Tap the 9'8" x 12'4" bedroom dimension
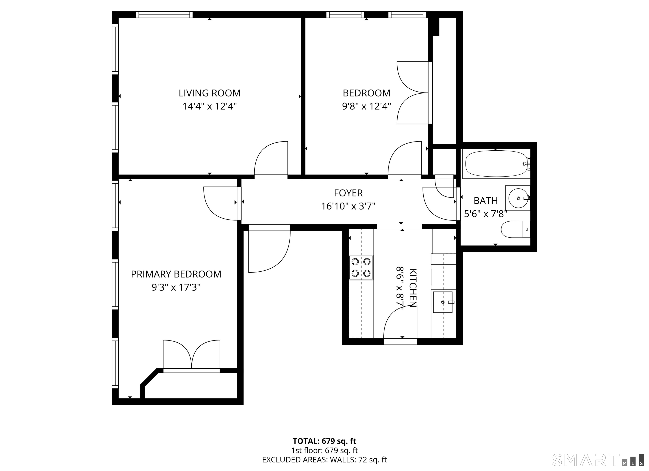pyautogui.click(x=367, y=106)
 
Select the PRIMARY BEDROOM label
pyautogui.click(x=176, y=274)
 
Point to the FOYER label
pyautogui.click(x=348, y=193)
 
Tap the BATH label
pyautogui.click(x=486, y=201)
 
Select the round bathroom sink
pyautogui.click(x=518, y=198)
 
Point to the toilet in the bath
pyautogui.click(x=516, y=229)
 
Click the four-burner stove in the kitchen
pyautogui.click(x=361, y=268)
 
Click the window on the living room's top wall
pyautogui.click(x=164, y=15)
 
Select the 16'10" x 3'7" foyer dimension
pyautogui.click(x=348, y=206)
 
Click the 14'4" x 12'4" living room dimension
pyautogui.click(x=210, y=106)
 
